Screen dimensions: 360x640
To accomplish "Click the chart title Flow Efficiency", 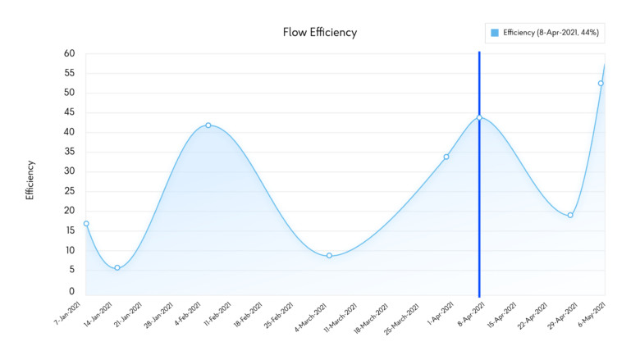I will click(320, 33).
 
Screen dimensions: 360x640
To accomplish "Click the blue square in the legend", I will click(494, 33).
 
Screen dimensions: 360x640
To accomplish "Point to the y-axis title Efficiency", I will click(30, 181).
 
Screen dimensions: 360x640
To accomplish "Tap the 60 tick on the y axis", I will click(70, 53).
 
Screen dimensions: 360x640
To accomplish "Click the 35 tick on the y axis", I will click(70, 152).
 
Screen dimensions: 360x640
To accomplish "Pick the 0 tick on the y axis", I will click(72, 290).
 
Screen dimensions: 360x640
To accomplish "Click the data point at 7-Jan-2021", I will click(86, 224).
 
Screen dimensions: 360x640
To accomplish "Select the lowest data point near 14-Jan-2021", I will click(117, 268).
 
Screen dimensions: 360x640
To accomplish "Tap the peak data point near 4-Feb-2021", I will click(208, 125).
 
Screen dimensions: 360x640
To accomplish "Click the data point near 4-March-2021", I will click(329, 256).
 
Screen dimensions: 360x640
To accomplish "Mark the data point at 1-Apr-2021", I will click(446, 157).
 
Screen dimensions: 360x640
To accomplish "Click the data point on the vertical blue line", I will click(479, 118).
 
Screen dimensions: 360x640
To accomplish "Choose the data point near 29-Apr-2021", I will click(570, 216).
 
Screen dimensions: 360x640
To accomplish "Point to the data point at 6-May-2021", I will click(601, 84).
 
